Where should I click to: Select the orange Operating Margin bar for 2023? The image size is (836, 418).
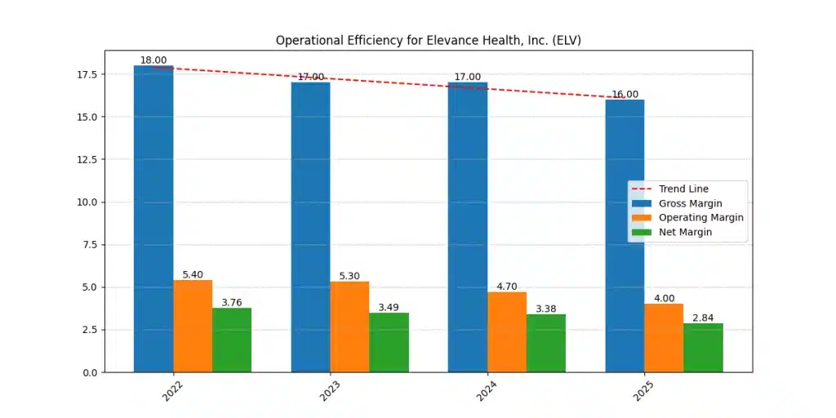point(349,327)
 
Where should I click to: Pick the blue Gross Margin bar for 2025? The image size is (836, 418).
point(625,236)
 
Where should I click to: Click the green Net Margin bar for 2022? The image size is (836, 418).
point(232,340)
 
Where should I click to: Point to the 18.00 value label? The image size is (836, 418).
point(153,60)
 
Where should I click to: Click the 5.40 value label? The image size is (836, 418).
point(193,275)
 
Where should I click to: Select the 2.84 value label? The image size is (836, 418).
point(703,318)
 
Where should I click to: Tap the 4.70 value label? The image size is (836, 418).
point(507,287)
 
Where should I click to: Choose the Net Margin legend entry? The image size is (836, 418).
point(685,232)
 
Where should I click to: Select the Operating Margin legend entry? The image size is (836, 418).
point(700,218)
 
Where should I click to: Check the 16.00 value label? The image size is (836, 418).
point(625,95)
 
